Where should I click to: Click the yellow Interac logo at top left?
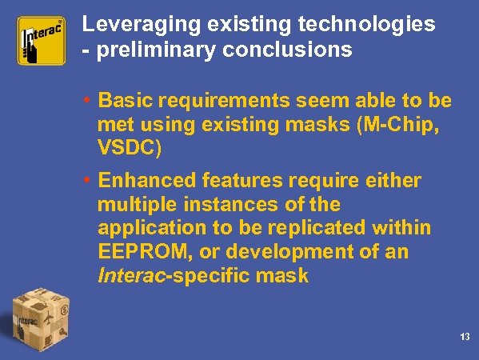(41, 42)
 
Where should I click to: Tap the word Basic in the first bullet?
(122, 102)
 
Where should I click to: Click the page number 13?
(465, 337)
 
